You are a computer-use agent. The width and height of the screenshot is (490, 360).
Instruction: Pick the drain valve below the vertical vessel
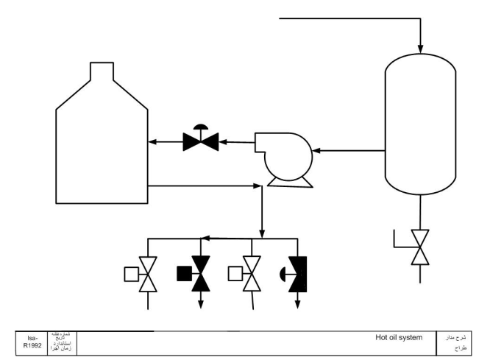[x=419, y=247]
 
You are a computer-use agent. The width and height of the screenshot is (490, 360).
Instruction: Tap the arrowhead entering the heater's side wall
[x=152, y=141]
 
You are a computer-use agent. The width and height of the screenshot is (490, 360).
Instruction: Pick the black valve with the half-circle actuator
[x=298, y=274]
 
